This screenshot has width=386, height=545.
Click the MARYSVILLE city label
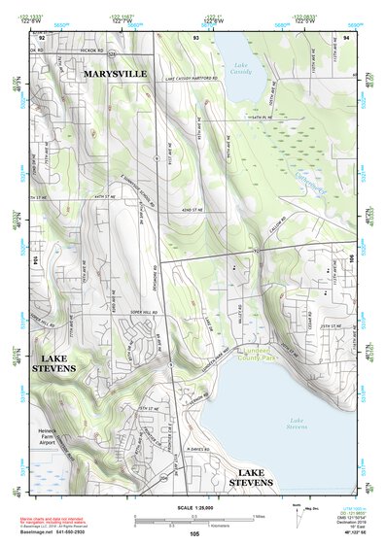pyautogui.click(x=114, y=73)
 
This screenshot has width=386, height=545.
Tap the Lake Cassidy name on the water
pyautogui.click(x=240, y=68)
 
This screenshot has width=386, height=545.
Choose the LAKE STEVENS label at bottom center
pyautogui.click(x=258, y=476)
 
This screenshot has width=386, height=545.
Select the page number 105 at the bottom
pyautogui.click(x=194, y=534)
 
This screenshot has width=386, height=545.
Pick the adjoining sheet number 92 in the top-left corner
pyautogui.click(x=41, y=36)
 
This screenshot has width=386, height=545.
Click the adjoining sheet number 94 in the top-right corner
pyautogui.click(x=346, y=36)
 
